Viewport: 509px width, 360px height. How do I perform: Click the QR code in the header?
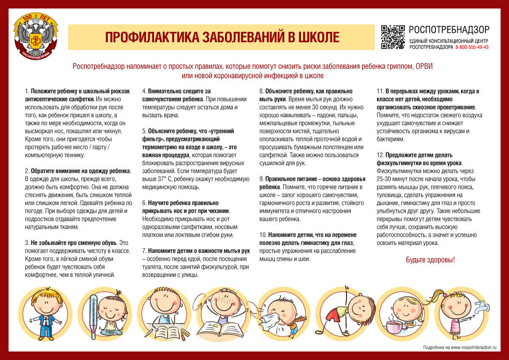[393, 37]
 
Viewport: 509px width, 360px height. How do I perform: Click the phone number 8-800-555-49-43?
[472, 47]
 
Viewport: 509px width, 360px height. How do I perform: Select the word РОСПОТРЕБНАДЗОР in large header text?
[449, 30]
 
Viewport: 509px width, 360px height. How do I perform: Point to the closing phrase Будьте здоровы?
[430, 259]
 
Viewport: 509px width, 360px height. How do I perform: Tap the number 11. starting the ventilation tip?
[380, 91]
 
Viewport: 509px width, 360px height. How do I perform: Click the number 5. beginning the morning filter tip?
[144, 131]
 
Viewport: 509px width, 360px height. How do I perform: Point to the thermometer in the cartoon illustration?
[94, 316]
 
